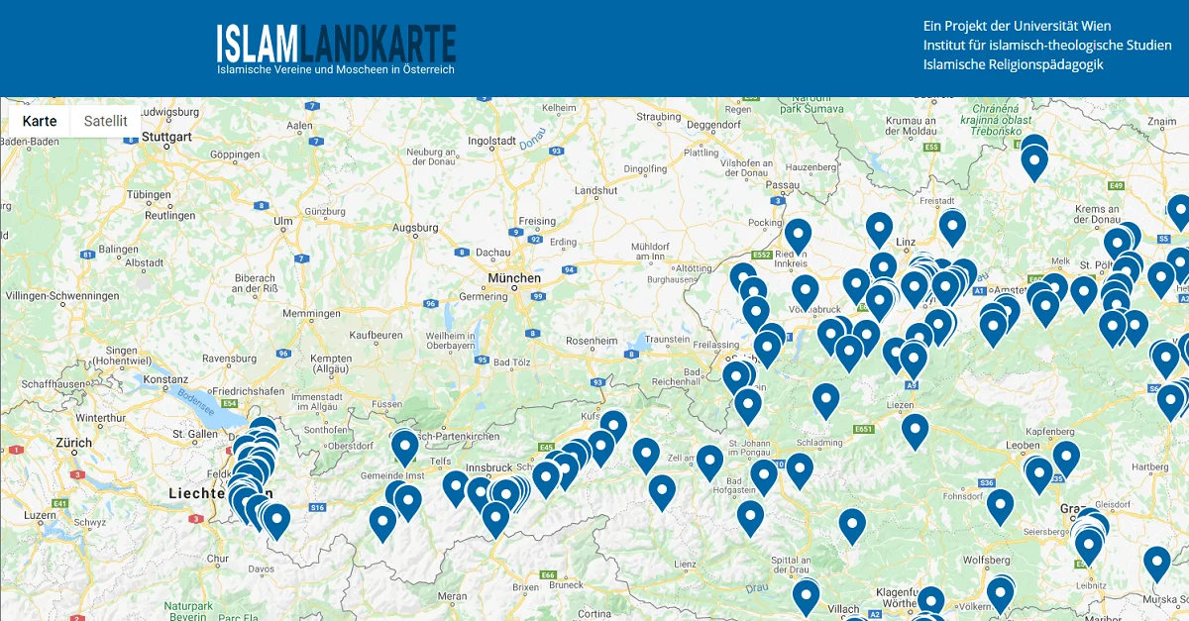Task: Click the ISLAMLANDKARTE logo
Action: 336,44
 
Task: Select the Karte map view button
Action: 40,121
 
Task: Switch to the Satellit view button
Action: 106,121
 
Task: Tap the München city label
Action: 514,278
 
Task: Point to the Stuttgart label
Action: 165,136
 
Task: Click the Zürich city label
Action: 74,443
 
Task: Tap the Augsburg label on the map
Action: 415,228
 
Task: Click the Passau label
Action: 783,184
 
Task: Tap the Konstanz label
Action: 165,379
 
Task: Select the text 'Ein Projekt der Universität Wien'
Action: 1017,26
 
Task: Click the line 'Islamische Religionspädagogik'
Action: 1013,64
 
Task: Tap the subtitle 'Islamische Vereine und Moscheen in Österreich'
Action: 336,69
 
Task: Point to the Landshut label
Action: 594,189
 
